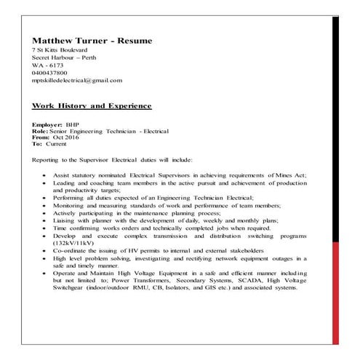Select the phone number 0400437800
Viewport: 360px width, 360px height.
(x=50, y=73)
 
